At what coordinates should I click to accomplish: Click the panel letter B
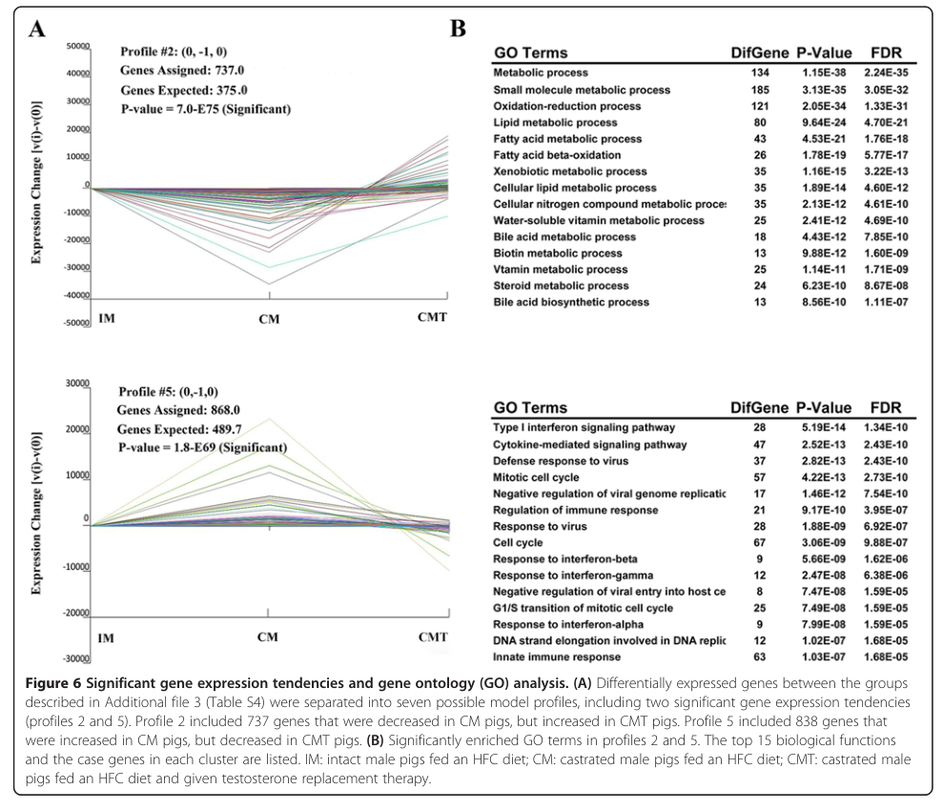point(458,29)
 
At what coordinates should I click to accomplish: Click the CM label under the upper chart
point(269,318)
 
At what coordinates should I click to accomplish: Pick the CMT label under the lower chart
point(432,637)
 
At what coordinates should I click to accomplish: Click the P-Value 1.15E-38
point(822,73)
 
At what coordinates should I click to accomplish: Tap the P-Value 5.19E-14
point(822,428)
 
